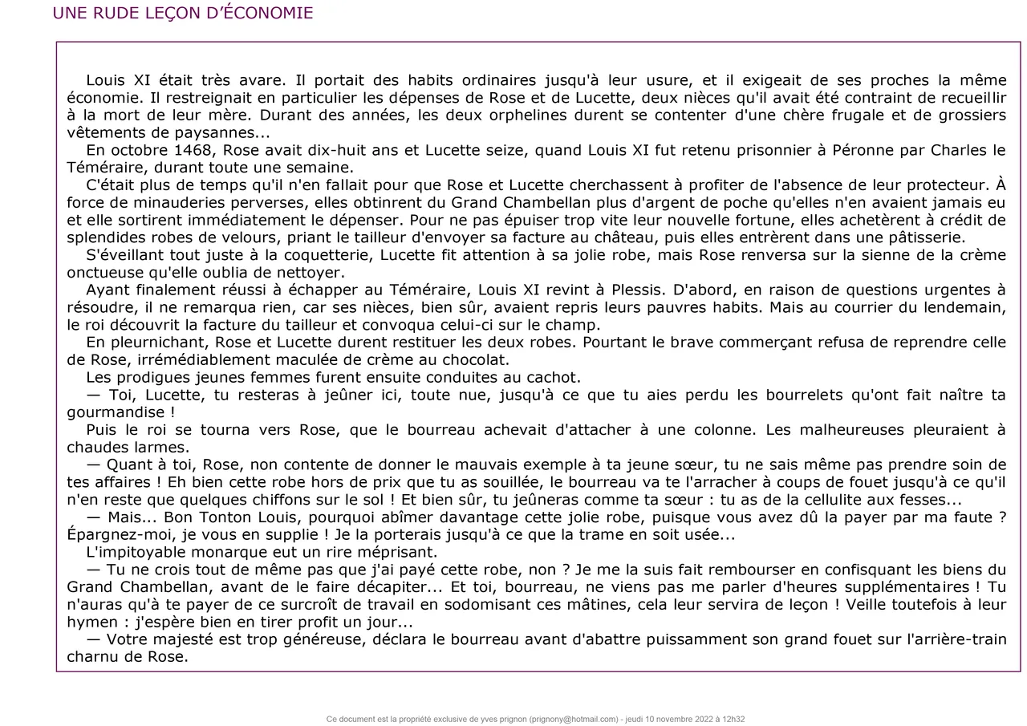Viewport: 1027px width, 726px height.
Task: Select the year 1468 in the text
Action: coord(194,150)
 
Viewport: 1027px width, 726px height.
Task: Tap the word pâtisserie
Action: coord(922,237)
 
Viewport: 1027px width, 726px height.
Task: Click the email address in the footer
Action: coord(574,719)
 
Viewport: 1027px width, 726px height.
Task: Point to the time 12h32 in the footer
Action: coord(733,719)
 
